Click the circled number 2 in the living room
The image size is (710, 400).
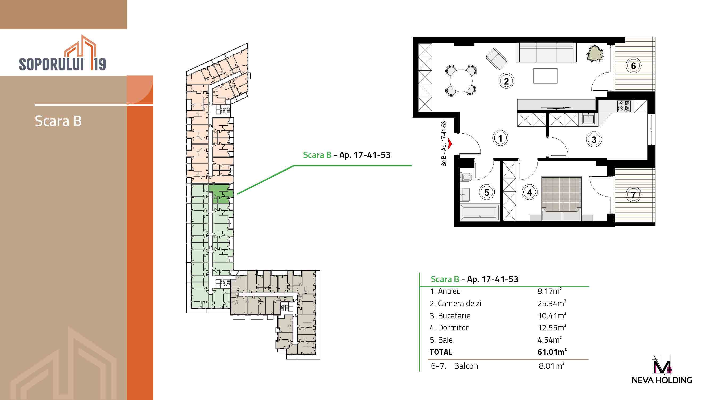pos(506,81)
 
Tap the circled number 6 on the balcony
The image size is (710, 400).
pos(633,66)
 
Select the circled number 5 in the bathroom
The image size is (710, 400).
pos(487,193)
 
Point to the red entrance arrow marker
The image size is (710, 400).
pos(450,143)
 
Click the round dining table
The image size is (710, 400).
pos(461,81)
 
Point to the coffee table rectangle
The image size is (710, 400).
pos(545,76)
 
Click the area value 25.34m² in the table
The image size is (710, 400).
pos(552,303)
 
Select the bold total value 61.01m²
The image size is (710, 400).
pos(552,352)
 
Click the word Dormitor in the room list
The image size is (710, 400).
pos(453,328)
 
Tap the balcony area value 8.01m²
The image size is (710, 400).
pos(552,366)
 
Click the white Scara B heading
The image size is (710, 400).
pos(58,121)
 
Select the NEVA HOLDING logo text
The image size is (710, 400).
pos(662,380)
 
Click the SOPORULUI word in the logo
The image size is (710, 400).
pos(51,64)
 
